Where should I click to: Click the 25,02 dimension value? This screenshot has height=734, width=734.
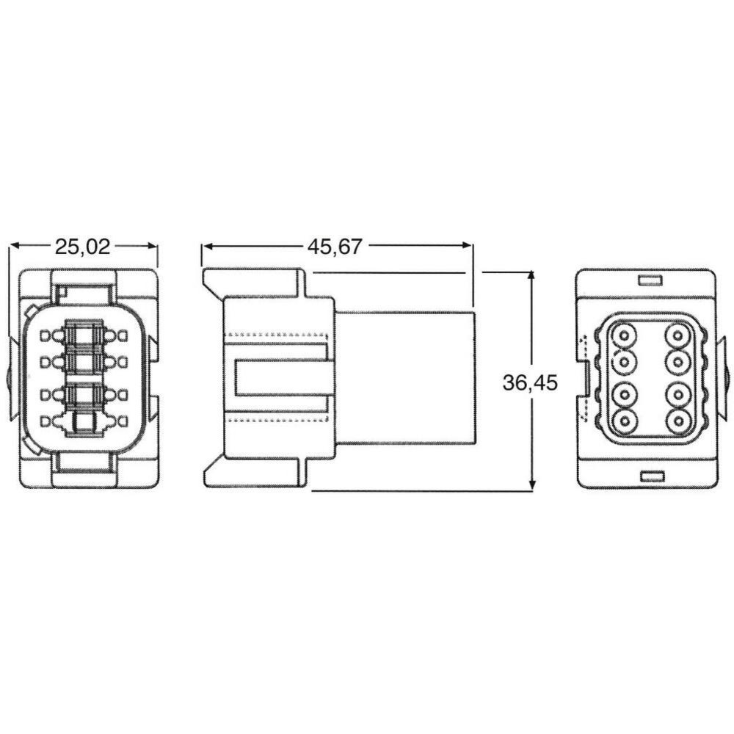pyautogui.click(x=83, y=247)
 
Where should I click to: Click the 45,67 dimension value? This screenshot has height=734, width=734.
pyautogui.click(x=335, y=247)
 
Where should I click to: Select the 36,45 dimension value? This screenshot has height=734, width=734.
pyautogui.click(x=531, y=382)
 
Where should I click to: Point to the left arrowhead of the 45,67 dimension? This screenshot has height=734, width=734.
pyautogui.click(x=208, y=245)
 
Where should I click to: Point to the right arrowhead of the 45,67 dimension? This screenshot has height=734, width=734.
pyautogui.click(x=467, y=245)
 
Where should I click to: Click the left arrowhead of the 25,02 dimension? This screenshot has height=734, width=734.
pyautogui.click(x=15, y=245)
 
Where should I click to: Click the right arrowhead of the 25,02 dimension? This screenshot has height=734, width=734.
pyautogui.click(x=151, y=245)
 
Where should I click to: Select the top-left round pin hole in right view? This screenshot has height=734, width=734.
pyautogui.click(x=624, y=335)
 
